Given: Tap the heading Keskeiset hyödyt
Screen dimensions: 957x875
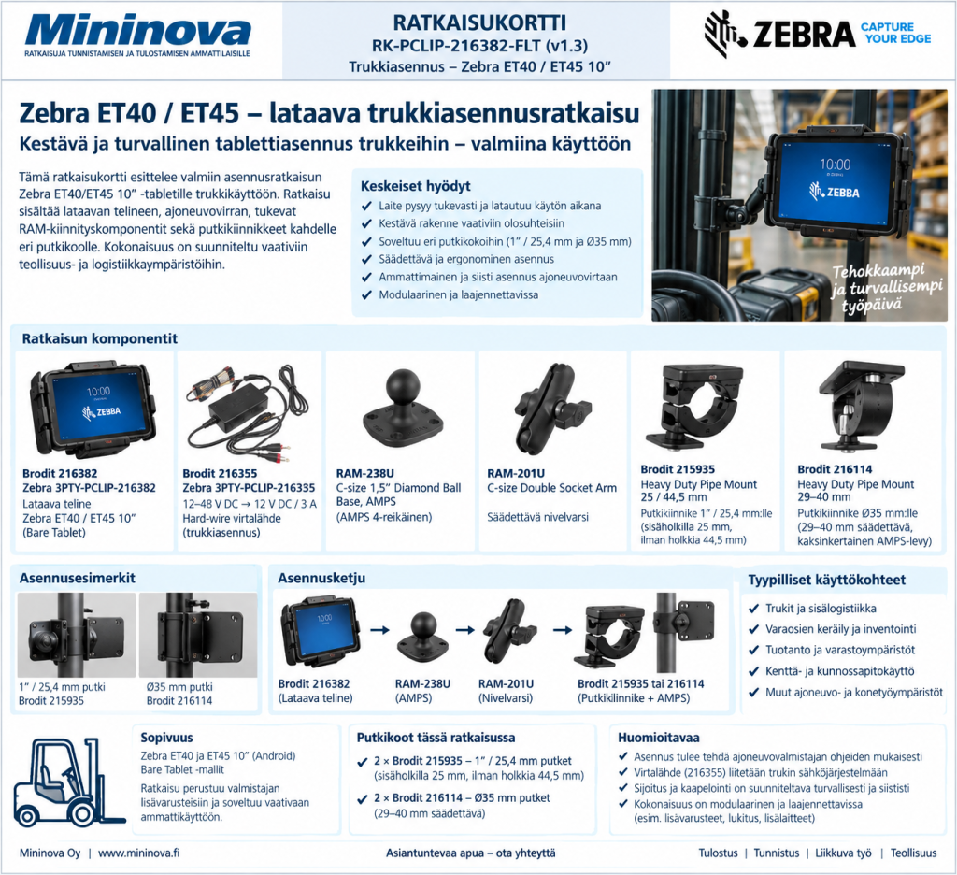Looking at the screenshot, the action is (x=415, y=186).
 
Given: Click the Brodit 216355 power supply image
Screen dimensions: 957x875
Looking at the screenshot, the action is (x=247, y=414).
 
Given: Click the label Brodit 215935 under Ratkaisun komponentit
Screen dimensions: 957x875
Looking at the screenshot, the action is (x=678, y=469).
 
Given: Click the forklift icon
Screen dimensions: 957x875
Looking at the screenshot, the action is (x=68, y=782).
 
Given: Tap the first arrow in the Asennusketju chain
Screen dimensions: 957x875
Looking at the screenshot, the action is (x=379, y=629).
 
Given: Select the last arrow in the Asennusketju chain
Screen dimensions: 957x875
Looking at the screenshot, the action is (x=562, y=630).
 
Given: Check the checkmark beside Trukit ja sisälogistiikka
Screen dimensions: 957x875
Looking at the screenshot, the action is (x=754, y=609).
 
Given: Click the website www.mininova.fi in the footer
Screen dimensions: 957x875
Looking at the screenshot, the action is (x=138, y=853).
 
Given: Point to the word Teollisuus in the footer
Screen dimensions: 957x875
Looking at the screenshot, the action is (x=913, y=853).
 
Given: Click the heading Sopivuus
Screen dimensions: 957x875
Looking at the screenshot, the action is (x=166, y=737).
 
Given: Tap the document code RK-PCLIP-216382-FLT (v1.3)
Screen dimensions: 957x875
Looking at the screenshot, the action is (x=479, y=46).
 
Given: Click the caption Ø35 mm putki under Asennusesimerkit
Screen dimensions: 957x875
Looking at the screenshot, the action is (x=179, y=687).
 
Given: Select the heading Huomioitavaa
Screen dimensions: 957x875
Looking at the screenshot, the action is (x=659, y=737).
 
